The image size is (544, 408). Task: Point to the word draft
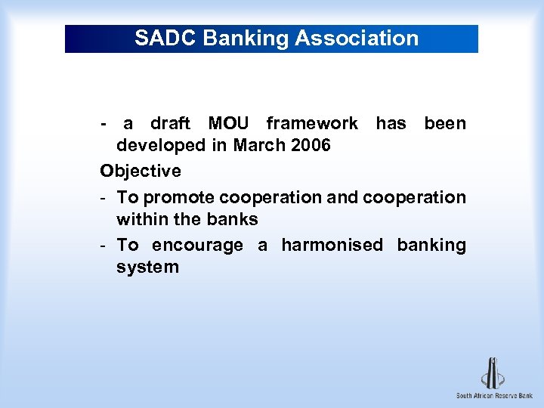click(x=170, y=123)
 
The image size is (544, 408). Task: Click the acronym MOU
click(x=227, y=123)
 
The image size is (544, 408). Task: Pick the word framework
click(x=312, y=123)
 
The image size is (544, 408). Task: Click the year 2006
click(x=310, y=145)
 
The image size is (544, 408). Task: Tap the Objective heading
click(x=141, y=171)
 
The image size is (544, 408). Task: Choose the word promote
click(x=178, y=197)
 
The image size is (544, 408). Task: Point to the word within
click(x=141, y=219)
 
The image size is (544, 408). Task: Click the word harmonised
click(x=332, y=245)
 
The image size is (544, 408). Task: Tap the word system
click(x=147, y=267)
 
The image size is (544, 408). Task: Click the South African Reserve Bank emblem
click(x=493, y=372)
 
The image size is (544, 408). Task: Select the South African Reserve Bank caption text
click(x=494, y=396)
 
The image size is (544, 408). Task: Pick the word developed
click(x=160, y=145)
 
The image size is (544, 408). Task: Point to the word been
click(x=445, y=123)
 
